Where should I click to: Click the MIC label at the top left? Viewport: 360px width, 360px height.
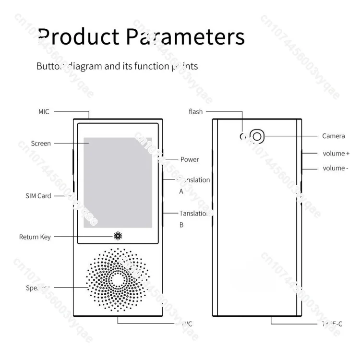[44, 112]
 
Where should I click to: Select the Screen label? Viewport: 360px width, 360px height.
[41, 143]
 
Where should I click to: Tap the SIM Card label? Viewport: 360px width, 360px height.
[38, 196]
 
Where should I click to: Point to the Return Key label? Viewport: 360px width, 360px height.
[35, 237]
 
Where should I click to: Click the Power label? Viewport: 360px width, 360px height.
[190, 159]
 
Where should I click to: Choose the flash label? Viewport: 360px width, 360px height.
[196, 112]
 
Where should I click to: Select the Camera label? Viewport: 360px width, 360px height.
[333, 136]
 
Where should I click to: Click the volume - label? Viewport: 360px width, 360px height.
[335, 168]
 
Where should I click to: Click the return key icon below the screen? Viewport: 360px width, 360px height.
[118, 236]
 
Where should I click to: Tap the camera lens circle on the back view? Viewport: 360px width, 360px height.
[257, 137]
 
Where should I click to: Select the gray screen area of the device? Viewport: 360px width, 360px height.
[118, 182]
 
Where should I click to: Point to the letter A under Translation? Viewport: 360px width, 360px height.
[181, 191]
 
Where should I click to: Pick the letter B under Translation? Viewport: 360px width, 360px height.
[181, 224]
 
